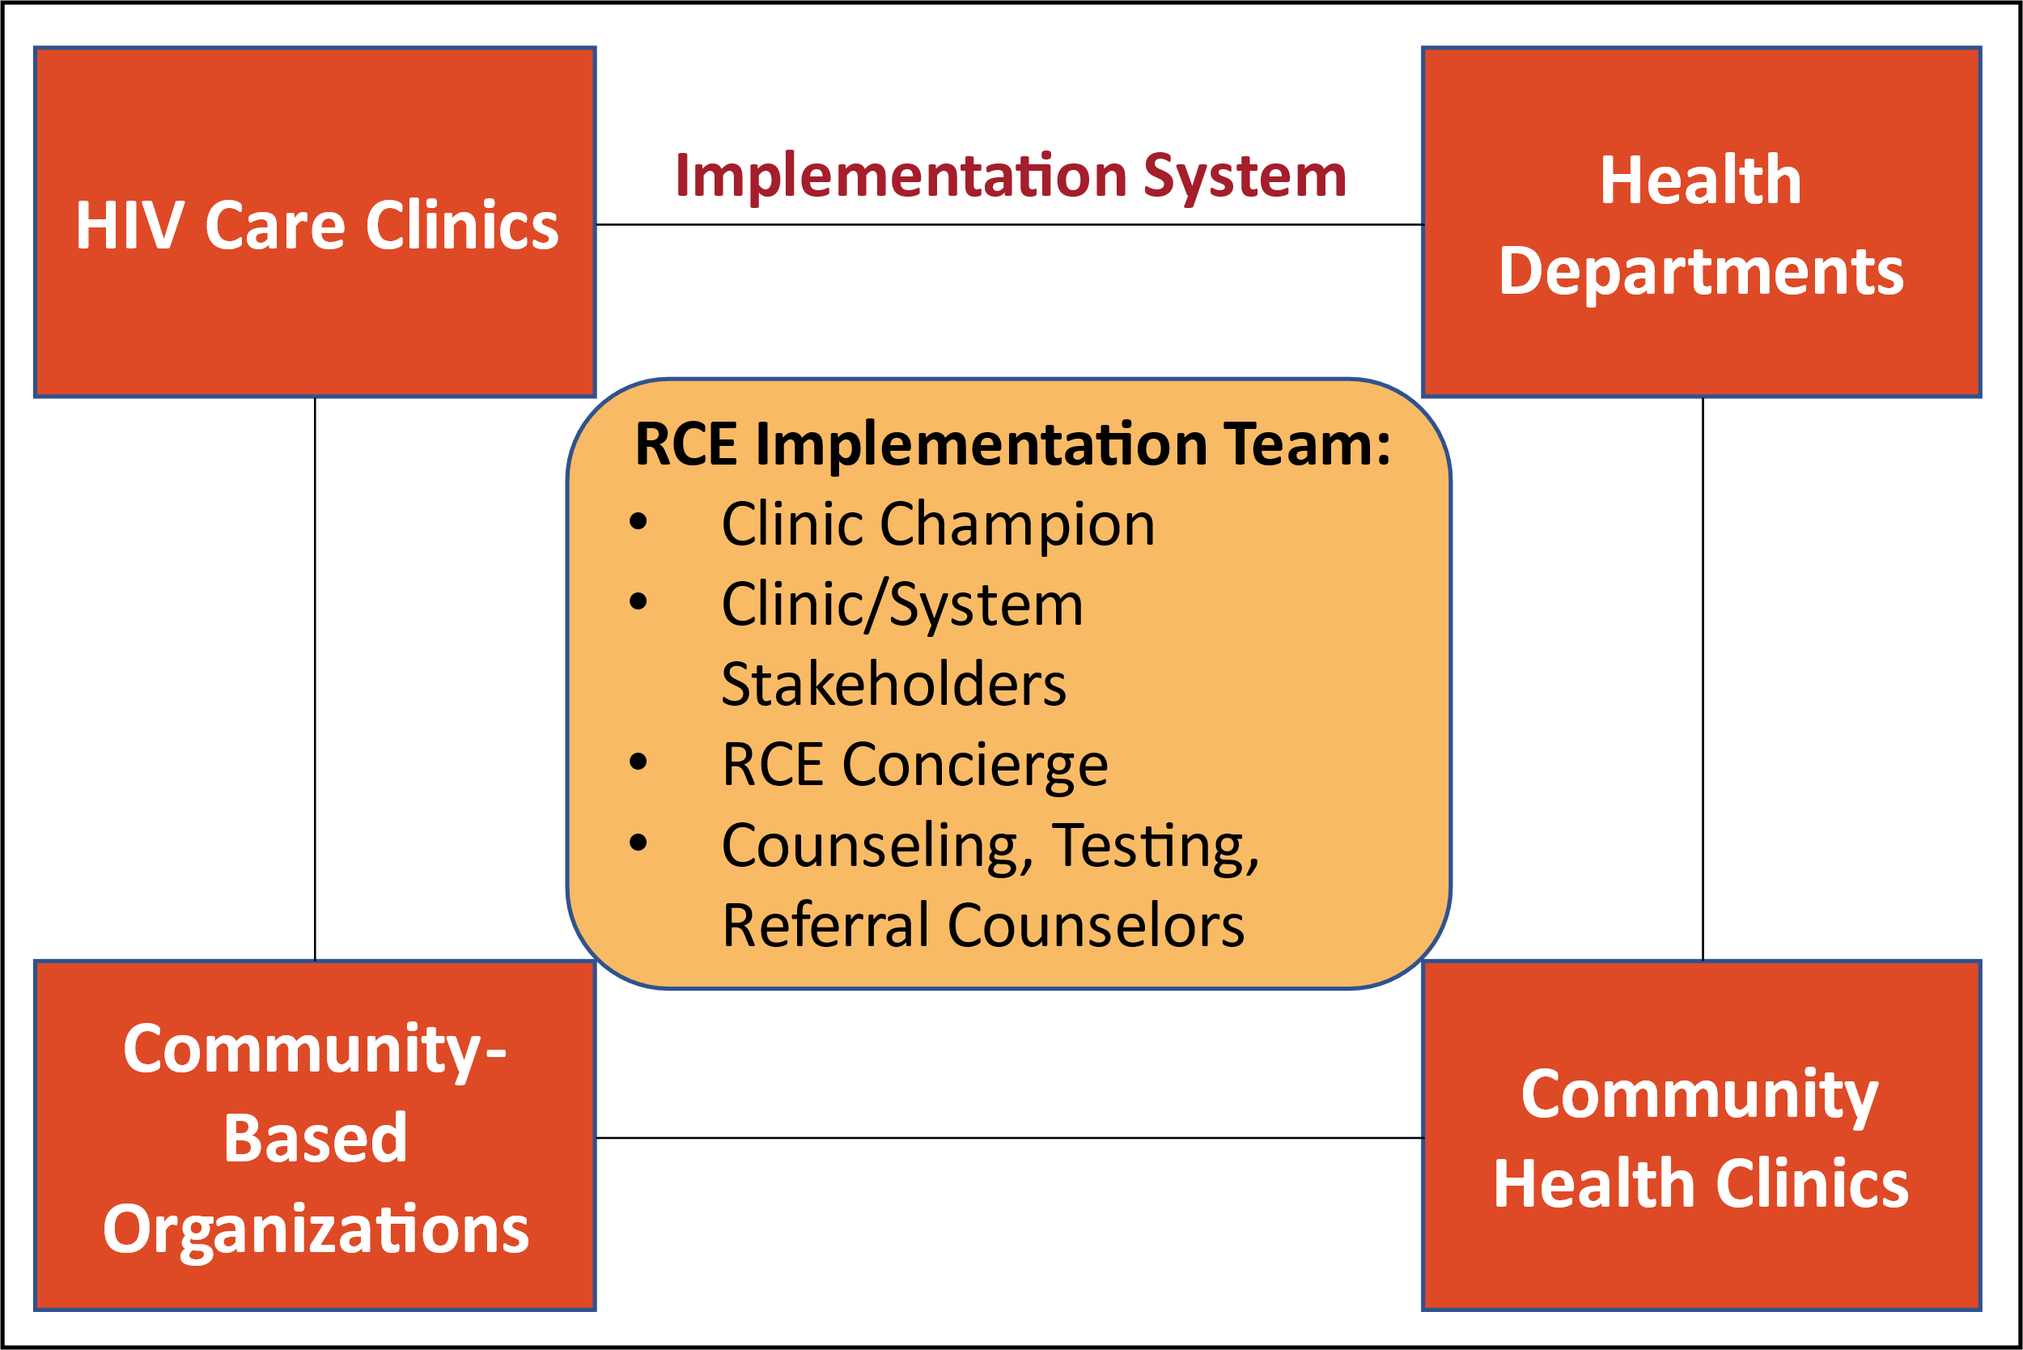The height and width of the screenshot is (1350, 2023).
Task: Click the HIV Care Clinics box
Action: point(315,222)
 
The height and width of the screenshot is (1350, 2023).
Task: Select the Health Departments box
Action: point(1702,222)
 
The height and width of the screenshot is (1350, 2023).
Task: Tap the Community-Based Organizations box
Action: point(315,1136)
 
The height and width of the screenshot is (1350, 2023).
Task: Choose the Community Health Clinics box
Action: point(1702,1136)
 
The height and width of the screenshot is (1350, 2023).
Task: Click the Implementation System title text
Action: point(1011,177)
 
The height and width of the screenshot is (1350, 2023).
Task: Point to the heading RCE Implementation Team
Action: point(1012,446)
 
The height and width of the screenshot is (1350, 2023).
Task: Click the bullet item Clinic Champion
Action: point(938,525)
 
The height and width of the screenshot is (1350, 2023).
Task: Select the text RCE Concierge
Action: point(914,766)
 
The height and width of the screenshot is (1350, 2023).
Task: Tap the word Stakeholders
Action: point(893,685)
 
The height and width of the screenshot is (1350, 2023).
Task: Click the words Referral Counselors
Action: point(983,926)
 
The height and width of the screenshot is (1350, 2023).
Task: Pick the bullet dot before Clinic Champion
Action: point(638,521)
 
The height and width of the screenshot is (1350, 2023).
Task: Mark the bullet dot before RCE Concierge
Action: point(638,761)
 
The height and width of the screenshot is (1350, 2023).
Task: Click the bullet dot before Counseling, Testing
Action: point(638,842)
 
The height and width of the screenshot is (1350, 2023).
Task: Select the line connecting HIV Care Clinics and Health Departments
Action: point(1009,225)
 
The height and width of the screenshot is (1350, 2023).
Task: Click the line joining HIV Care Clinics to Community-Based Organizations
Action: point(315,678)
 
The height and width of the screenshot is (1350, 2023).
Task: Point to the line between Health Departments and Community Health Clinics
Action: point(1703,678)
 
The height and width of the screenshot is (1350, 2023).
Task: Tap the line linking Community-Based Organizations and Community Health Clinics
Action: point(1009,1138)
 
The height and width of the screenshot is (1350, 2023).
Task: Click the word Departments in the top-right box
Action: point(1702,273)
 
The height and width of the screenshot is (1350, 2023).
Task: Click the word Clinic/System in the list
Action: point(902,605)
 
